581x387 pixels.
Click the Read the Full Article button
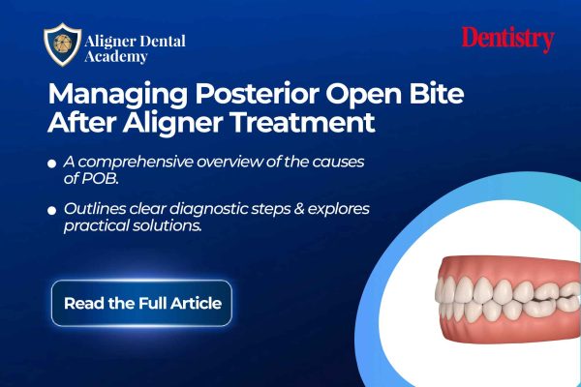click(141, 303)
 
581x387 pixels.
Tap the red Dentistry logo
click(507, 40)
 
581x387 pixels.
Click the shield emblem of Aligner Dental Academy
click(62, 45)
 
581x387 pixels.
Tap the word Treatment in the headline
click(303, 123)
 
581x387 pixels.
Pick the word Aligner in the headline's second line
click(172, 124)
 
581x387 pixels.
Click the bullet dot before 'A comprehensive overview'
click(52, 164)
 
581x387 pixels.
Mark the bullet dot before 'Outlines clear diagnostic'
click(52, 210)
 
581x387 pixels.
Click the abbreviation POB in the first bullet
click(100, 178)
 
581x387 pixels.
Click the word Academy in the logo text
click(116, 57)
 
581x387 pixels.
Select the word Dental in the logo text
click(162, 41)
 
